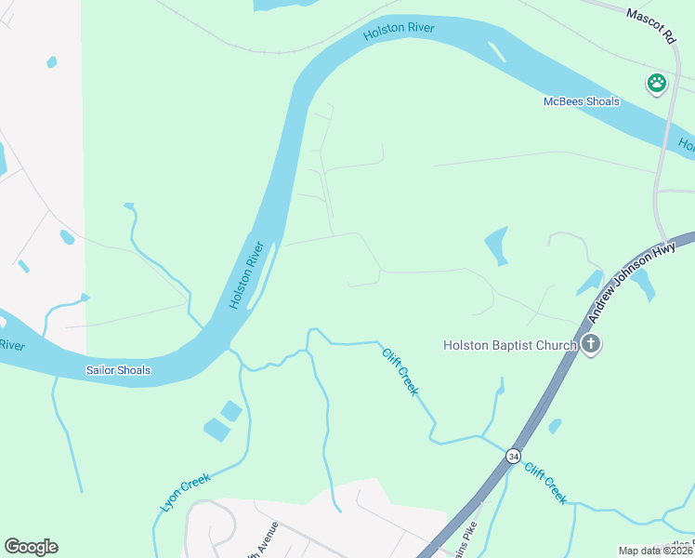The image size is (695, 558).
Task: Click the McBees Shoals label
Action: tap(581, 101)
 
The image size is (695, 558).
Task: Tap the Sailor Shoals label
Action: tap(118, 370)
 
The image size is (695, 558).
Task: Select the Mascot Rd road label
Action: tap(649, 27)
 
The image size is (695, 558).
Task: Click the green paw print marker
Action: tap(657, 83)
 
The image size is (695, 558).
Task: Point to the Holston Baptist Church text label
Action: tap(510, 346)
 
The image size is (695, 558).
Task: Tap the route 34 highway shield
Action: tap(513, 457)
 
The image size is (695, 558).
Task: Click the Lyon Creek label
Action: tap(186, 493)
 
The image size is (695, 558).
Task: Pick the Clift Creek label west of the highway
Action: tap(400, 370)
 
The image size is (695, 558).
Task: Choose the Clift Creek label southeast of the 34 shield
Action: tap(545, 483)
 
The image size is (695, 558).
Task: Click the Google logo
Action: tap(31, 547)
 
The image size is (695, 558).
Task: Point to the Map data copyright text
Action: tap(656, 551)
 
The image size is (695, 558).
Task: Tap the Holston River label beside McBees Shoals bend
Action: tap(399, 31)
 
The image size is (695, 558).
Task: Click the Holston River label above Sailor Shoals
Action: tap(247, 275)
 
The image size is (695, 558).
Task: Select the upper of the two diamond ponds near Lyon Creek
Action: tap(230, 410)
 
